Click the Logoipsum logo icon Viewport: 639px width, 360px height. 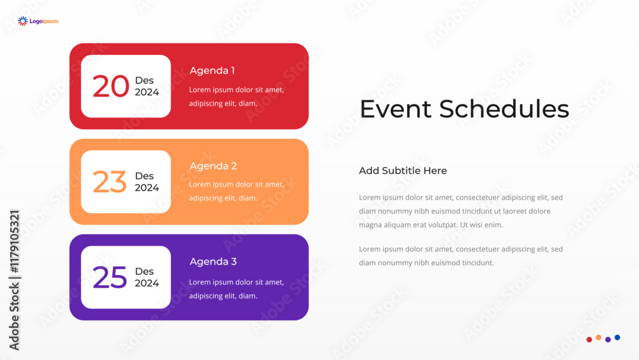[23, 21]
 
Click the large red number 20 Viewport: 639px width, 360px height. [111, 86]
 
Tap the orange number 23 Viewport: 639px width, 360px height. [110, 182]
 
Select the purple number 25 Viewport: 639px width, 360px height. [110, 278]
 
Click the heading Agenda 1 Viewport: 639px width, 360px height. [212, 70]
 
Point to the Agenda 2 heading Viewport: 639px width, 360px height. [213, 166]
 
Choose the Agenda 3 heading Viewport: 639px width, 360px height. [213, 262]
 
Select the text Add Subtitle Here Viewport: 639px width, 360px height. [403, 171]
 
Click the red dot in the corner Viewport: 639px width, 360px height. [589, 340]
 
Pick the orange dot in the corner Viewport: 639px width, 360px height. [599, 338]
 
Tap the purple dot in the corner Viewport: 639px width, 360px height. [608, 340]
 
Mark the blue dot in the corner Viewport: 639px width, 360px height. [617, 338]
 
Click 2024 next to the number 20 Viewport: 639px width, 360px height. [147, 92]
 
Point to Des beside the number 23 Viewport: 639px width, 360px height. [144, 176]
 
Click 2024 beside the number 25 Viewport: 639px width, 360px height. [147, 283]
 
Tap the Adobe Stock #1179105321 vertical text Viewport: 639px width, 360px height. [14, 279]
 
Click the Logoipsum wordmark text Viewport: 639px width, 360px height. [44, 21]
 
